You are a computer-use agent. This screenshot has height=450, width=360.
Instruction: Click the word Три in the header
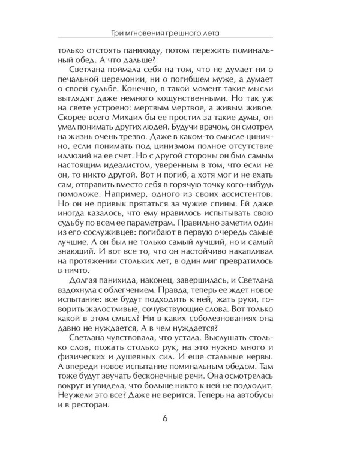click(114, 32)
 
